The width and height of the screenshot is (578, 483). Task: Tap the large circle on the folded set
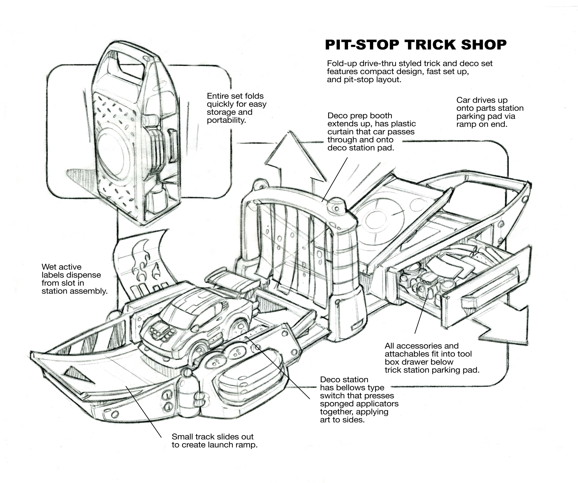coord(113,154)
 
